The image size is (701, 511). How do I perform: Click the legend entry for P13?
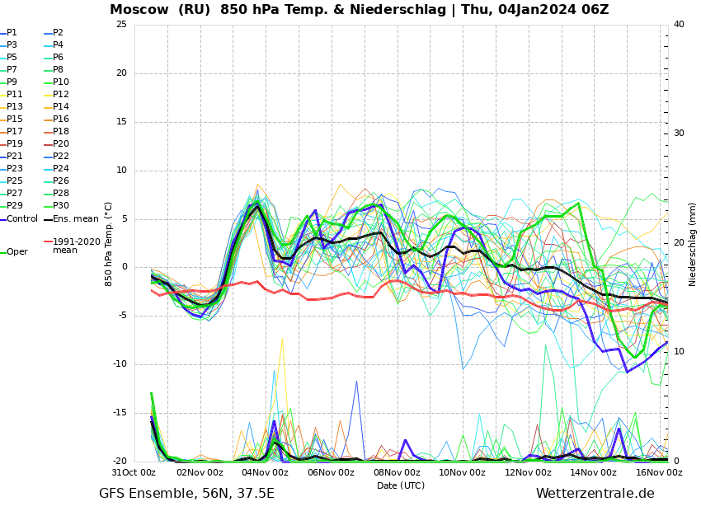15,107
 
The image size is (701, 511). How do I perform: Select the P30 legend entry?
61,206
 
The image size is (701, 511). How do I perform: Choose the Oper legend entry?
16,252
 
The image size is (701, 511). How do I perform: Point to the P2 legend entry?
58,33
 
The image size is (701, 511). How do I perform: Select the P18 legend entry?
61,132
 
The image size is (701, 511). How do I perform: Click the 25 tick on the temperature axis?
121,25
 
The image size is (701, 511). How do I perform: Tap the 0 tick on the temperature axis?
124,267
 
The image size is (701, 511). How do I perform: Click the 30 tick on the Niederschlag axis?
679,134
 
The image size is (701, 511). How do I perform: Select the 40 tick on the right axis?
679,25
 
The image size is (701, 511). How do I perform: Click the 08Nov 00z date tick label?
397,473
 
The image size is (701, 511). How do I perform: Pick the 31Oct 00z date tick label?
134,473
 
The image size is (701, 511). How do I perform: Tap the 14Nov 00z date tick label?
593,473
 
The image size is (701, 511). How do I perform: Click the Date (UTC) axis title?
401,485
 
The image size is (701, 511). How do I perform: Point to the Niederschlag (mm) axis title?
693,244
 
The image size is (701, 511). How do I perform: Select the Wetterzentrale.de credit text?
595,494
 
